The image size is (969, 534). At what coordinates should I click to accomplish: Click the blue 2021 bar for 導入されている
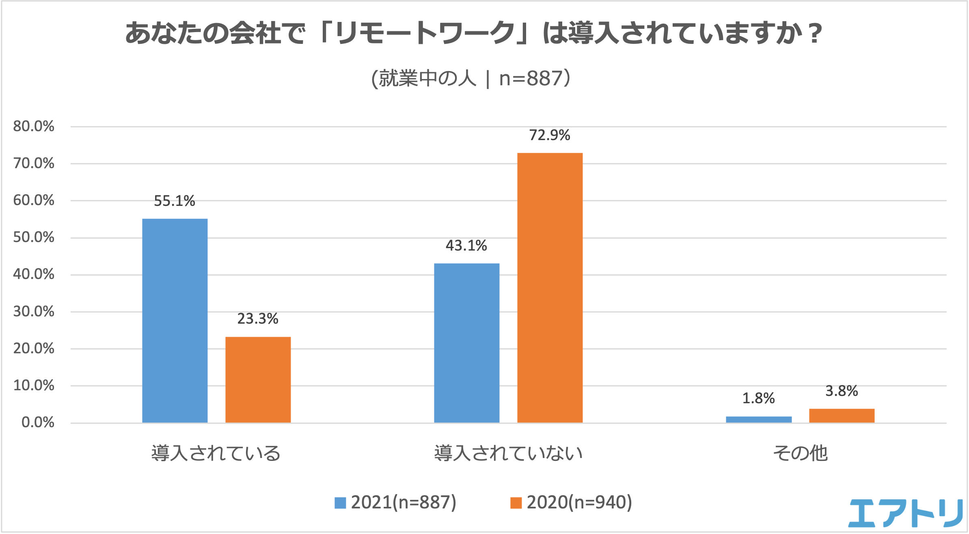175,321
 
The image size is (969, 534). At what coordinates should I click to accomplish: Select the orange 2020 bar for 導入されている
258,380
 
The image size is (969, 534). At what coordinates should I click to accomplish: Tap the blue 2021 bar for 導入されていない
466,343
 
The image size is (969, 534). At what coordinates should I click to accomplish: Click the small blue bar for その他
758,419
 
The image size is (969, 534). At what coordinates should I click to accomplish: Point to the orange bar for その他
842,416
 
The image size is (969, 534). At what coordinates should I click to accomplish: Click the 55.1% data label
175,201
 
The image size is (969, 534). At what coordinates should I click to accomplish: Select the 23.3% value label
258,319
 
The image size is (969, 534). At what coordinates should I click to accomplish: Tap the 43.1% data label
466,246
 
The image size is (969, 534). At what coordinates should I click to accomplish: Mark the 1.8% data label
758,398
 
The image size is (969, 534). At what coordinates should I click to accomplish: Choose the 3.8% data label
842,391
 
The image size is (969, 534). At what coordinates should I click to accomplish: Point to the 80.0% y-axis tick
34,126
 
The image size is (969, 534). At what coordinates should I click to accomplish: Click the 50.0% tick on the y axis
34,238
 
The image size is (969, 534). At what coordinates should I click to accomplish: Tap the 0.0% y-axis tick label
38,423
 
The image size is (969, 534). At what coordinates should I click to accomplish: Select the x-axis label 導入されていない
508,453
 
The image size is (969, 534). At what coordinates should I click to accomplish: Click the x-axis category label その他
800,453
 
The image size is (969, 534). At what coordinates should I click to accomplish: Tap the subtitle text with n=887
471,78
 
